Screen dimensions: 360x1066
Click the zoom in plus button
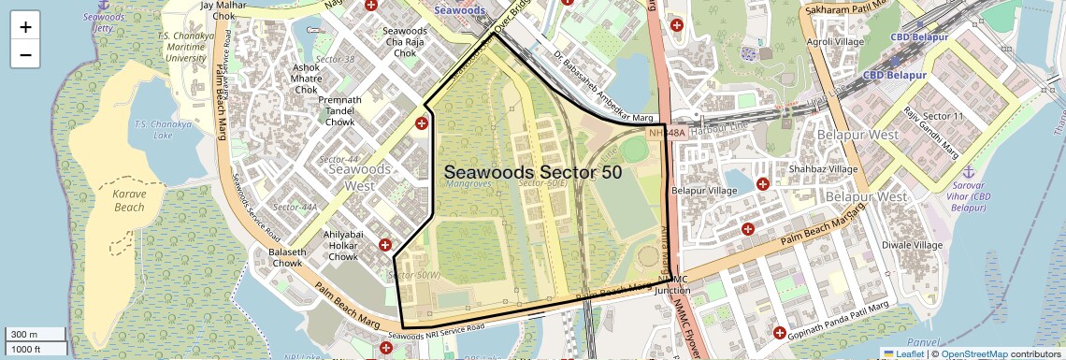pyautogui.click(x=25, y=27)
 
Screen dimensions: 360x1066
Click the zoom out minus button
pyautogui.click(x=25, y=54)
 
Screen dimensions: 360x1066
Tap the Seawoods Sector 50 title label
pyautogui.click(x=532, y=173)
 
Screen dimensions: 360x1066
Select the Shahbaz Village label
pyautogui.click(x=823, y=169)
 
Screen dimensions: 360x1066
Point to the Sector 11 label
pyautogui.click(x=943, y=116)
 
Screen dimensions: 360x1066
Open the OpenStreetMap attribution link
pyautogui.click(x=973, y=353)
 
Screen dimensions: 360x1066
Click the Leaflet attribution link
pyautogui.click(x=902, y=353)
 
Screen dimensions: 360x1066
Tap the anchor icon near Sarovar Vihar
pyautogui.click(x=969, y=172)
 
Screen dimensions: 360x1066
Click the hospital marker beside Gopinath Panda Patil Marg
pyautogui.click(x=779, y=332)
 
